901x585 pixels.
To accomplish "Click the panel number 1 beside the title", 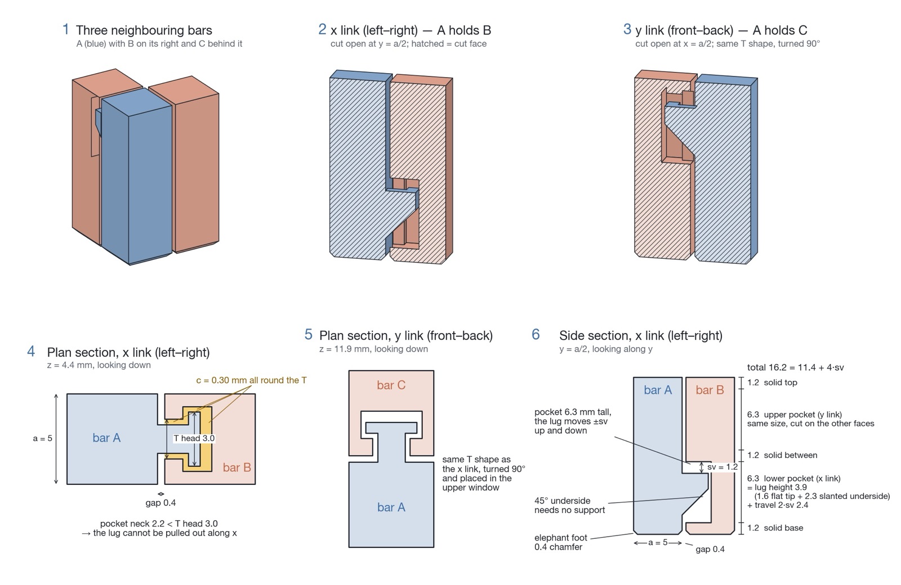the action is click(65, 29).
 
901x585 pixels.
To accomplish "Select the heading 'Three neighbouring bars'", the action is click(144, 30).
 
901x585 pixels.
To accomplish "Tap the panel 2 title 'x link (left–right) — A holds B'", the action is click(411, 30).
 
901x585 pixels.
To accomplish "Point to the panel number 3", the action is click(627, 29).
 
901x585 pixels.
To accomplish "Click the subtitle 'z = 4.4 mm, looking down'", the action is click(99, 365).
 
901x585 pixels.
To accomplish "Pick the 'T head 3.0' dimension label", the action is click(194, 438).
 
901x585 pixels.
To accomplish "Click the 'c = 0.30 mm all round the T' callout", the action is click(251, 380).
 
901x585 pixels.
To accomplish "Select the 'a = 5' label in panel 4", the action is click(43, 438).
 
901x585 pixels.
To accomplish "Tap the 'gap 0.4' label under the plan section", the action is click(160, 503).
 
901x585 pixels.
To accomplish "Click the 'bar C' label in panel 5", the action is click(391, 385).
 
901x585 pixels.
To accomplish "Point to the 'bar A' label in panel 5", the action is click(391, 507).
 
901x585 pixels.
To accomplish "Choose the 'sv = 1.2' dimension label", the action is click(722, 467).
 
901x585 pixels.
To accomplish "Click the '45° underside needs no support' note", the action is click(569, 506).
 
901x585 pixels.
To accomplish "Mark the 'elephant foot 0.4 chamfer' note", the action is click(561, 542).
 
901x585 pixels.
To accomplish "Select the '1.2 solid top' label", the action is click(772, 382).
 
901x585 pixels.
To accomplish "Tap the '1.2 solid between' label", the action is click(782, 455).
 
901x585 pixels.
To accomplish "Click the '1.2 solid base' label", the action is click(775, 528).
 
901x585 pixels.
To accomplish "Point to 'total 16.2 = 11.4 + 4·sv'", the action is click(795, 367).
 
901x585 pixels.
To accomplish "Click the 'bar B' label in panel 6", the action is click(710, 390).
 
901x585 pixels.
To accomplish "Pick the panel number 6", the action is click(536, 334).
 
